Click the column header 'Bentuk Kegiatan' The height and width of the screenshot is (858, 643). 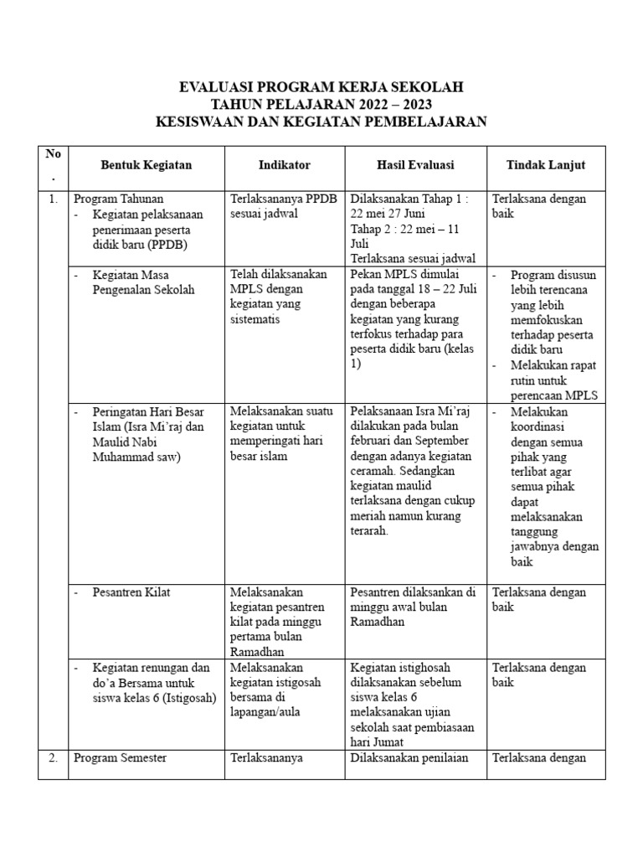[146, 165]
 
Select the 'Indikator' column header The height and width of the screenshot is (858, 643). [285, 165]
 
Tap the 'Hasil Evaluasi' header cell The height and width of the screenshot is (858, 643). [414, 165]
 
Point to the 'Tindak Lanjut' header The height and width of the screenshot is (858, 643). [545, 165]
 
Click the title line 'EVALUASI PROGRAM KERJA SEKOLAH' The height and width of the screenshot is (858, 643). [321, 87]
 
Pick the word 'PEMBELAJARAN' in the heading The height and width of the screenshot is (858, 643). [416, 122]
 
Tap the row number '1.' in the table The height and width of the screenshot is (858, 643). [53, 199]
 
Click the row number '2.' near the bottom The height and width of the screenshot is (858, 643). [53, 757]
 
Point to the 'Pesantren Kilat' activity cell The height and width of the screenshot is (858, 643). [131, 592]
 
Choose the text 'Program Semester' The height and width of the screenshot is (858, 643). [120, 757]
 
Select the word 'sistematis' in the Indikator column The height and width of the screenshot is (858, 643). [256, 319]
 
